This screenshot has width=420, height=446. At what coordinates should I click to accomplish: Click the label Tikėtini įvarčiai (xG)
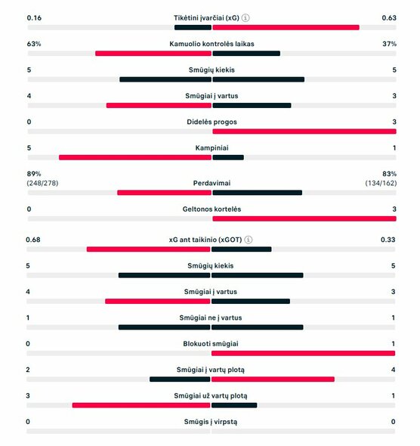205,17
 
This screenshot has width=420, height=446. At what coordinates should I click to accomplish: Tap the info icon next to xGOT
249,240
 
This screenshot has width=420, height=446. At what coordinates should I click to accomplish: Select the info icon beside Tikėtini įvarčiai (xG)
246,17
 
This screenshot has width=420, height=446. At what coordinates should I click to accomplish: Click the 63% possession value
33,44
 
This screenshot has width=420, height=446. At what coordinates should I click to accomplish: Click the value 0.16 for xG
34,17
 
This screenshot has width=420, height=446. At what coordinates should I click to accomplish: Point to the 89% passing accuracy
33,173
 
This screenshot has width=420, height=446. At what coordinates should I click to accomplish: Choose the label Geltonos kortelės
212,209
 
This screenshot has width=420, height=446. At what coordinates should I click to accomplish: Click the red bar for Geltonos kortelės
304,218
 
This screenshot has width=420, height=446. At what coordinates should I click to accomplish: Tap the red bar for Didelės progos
304,131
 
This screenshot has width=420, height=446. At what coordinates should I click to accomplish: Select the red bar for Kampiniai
135,157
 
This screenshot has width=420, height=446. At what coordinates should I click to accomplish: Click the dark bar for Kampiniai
228,157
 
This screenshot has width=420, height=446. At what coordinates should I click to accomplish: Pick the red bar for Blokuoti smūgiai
304,353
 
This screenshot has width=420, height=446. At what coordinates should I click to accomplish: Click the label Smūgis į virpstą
211,421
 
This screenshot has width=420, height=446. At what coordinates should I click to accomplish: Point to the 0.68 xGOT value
34,240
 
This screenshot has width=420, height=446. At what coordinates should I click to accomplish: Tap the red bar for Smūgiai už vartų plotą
141,404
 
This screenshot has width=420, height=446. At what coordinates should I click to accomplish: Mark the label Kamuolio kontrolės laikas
212,44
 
